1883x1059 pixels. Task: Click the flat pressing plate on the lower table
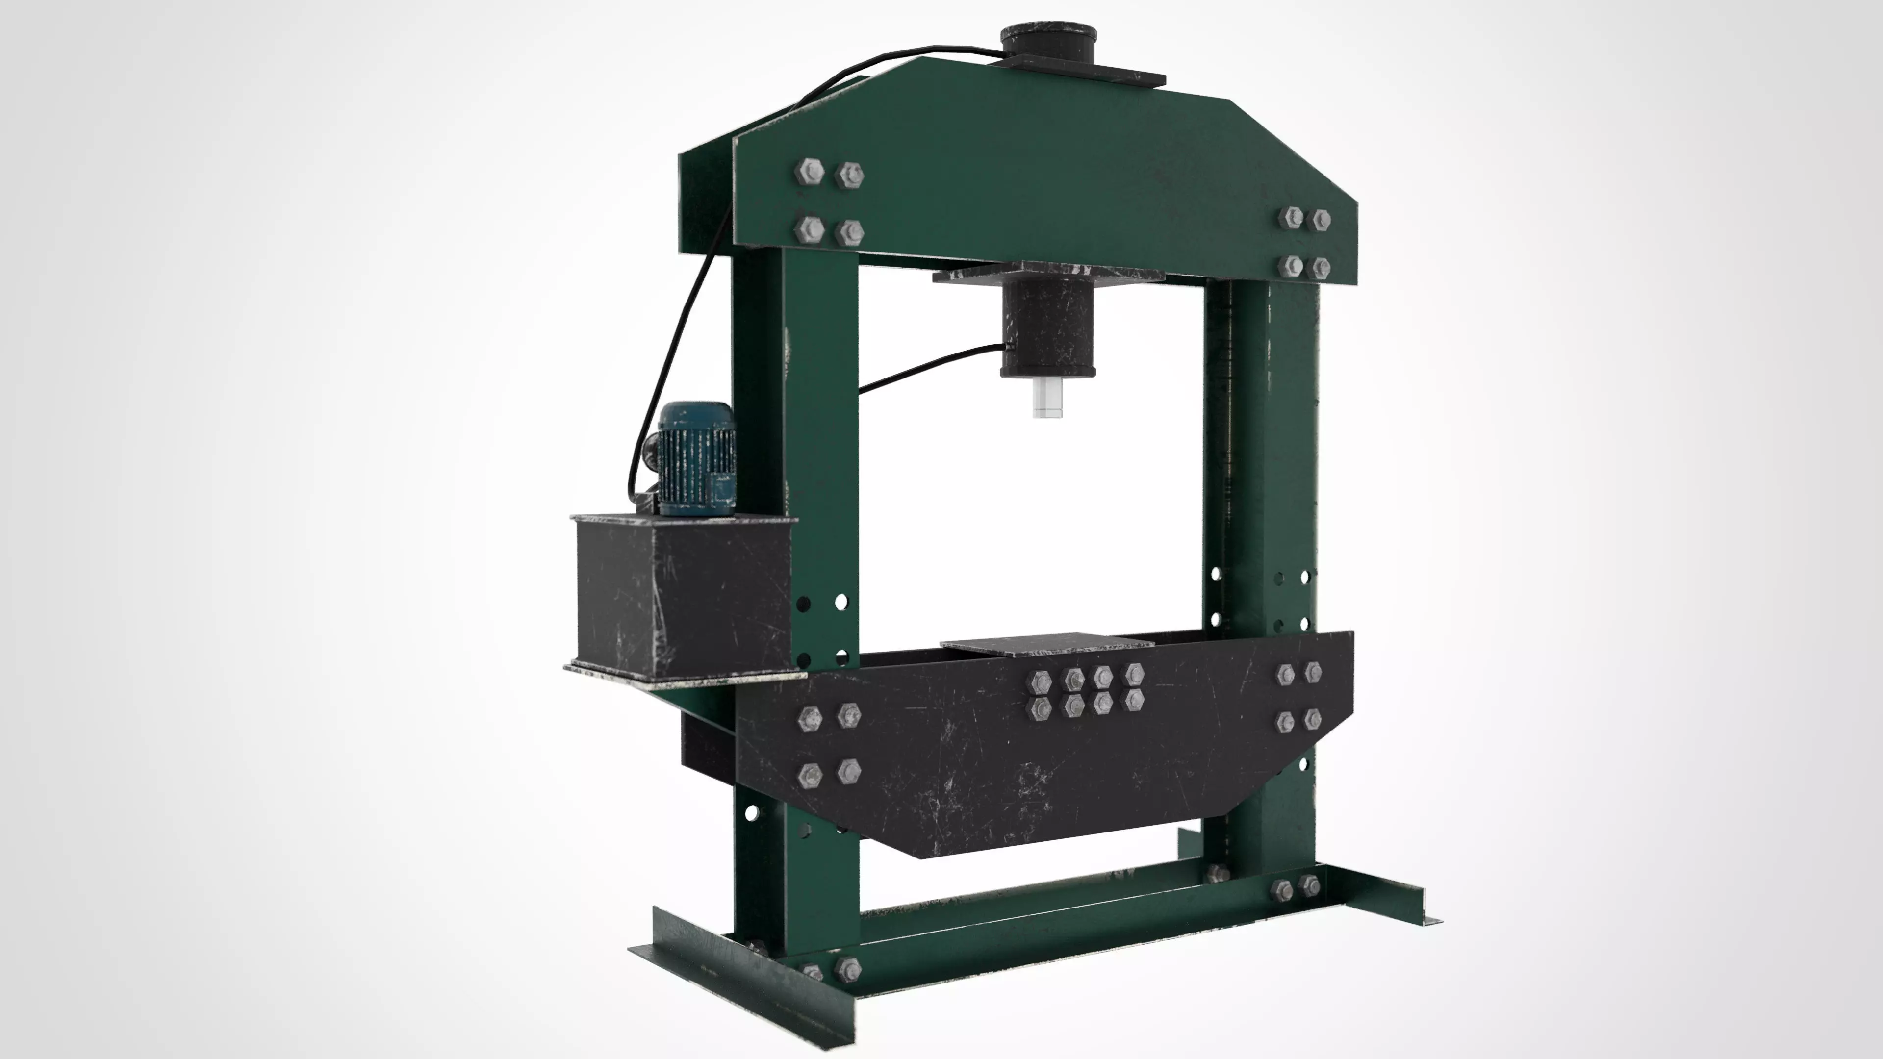(x=1047, y=643)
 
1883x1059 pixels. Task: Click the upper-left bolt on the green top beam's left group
(x=809, y=173)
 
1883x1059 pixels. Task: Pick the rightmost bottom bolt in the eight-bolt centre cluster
(x=1134, y=700)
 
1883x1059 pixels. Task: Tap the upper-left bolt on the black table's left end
(x=810, y=718)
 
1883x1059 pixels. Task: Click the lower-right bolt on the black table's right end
(x=1313, y=718)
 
